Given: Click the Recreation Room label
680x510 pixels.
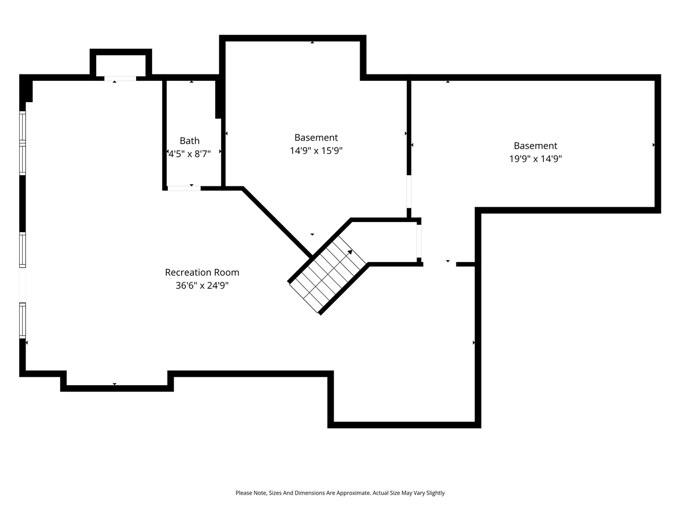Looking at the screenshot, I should [202, 273].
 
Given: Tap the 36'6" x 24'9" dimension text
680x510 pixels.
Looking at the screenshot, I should [202, 286].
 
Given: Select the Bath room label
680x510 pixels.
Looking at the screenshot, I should [190, 141].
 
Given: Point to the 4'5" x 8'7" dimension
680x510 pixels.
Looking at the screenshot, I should [190, 154].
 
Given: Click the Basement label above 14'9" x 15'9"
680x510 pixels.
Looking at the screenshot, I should [316, 138].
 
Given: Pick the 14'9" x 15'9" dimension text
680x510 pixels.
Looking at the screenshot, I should [316, 151].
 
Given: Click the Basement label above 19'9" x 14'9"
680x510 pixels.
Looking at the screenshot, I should [535, 146].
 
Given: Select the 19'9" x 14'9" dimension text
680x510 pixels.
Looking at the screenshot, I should [535, 159].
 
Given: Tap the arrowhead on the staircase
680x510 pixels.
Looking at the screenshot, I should [350, 251].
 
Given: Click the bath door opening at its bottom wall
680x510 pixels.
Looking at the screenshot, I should [184, 188].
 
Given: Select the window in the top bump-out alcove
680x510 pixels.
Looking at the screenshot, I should [120, 79].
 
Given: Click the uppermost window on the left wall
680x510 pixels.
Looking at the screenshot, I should [22, 127].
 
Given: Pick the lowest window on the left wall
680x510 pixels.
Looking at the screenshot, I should [22, 320].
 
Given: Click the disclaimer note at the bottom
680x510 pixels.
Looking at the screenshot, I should [340, 493].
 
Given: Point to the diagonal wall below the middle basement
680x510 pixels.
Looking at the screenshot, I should [276, 222].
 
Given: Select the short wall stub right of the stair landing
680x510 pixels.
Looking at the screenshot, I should [466, 264].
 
